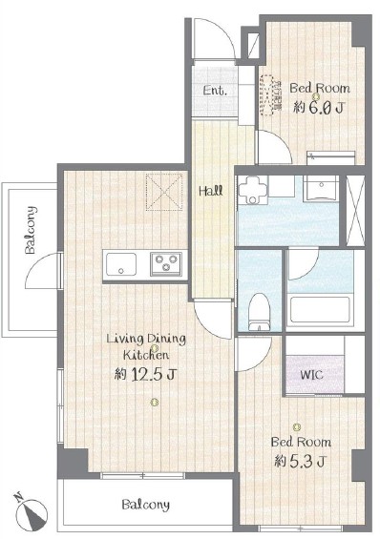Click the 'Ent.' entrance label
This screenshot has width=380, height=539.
click(215, 91)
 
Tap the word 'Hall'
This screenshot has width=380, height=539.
click(210, 191)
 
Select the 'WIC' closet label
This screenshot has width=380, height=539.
click(311, 374)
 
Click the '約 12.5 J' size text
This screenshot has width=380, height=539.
click(146, 374)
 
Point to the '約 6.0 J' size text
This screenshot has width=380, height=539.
click(318, 108)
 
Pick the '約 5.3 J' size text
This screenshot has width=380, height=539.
click(300, 462)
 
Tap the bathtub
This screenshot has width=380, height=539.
click(320, 310)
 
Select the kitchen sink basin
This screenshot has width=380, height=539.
click(121, 264)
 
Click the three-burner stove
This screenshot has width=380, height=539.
click(166, 264)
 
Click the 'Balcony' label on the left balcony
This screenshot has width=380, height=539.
click(31, 230)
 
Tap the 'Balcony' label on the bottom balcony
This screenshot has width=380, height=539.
click(146, 505)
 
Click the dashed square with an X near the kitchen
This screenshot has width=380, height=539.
click(164, 192)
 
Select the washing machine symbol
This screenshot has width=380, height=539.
click(252, 190)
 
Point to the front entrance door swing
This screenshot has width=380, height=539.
click(214, 38)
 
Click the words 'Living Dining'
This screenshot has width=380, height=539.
click(146, 339)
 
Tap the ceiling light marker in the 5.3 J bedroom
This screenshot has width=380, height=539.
click(297, 427)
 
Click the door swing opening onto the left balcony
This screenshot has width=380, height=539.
click(43, 270)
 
